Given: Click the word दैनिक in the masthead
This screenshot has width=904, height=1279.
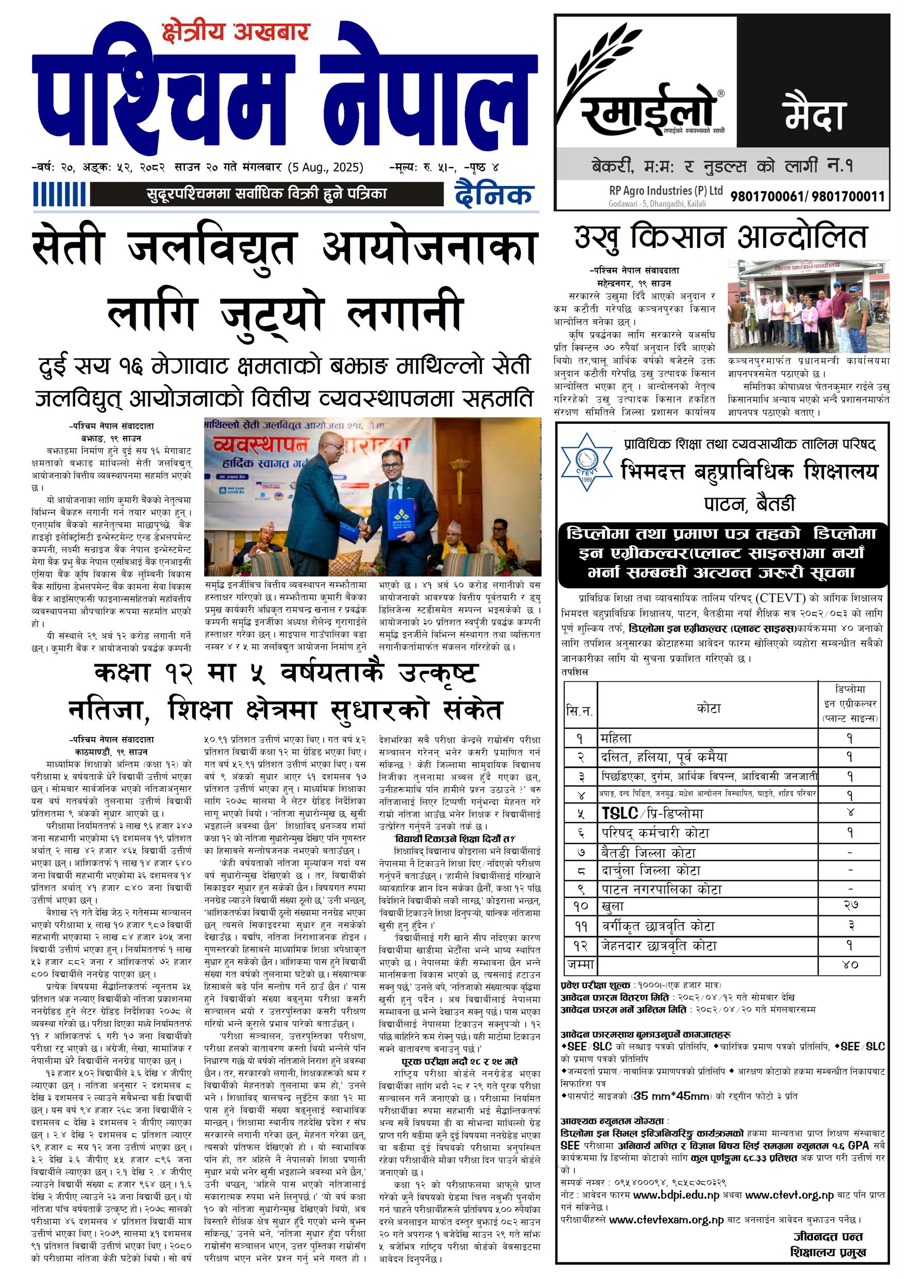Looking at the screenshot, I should click(493, 194).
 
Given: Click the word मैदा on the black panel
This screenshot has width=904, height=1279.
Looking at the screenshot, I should click(813, 114).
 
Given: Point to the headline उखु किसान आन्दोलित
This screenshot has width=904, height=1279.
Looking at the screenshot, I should click(721, 237).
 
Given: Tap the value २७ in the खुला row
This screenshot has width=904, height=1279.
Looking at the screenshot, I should click(850, 905).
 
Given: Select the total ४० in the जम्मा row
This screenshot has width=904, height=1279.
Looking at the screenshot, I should click(850, 963).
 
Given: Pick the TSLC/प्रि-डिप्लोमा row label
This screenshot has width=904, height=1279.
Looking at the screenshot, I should click(652, 813).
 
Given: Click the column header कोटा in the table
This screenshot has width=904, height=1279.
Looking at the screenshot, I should click(708, 709).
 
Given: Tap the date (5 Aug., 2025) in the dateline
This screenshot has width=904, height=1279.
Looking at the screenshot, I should click(326, 167).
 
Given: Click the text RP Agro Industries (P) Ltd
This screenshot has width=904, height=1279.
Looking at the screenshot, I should click(666, 190).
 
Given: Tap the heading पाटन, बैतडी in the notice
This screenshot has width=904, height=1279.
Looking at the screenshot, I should click(749, 504).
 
